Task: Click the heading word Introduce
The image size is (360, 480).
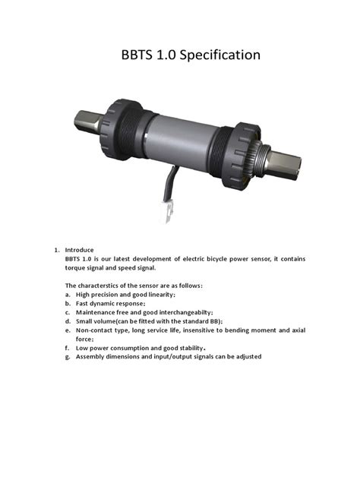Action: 79,250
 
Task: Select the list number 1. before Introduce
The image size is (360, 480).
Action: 56,250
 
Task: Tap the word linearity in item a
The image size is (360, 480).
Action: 159,294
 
